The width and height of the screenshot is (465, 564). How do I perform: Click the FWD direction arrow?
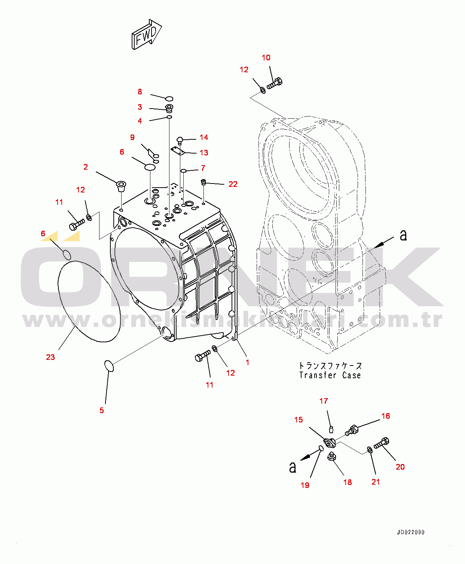tap(146, 34)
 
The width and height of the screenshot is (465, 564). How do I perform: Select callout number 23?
tap(51, 357)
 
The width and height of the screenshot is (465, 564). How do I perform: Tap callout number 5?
tap(101, 410)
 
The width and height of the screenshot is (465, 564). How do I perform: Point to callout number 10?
tap(266, 58)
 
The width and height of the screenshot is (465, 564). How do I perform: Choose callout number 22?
tap(233, 184)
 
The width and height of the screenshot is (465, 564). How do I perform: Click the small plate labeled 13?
tap(178, 151)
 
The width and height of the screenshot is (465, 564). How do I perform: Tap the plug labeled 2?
tap(121, 186)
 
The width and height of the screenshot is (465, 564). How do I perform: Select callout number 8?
tap(140, 92)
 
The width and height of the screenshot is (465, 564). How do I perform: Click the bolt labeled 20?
tap(381, 443)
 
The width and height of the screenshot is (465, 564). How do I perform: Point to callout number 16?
tap(386, 416)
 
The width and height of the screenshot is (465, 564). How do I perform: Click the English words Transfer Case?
tap(330, 375)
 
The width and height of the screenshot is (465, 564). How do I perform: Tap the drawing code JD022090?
tap(410, 532)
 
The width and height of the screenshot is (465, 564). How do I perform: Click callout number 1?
tap(248, 363)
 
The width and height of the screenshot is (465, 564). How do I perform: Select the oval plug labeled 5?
tap(109, 366)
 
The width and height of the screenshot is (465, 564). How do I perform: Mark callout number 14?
tap(204, 137)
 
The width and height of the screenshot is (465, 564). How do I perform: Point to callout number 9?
tap(132, 137)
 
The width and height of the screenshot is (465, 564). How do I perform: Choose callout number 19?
tap(305, 485)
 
